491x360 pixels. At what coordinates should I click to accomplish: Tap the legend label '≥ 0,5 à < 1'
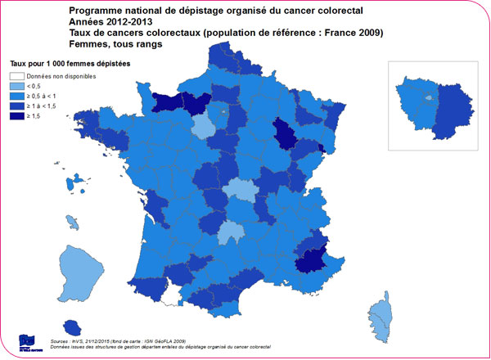[x=46, y=95]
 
